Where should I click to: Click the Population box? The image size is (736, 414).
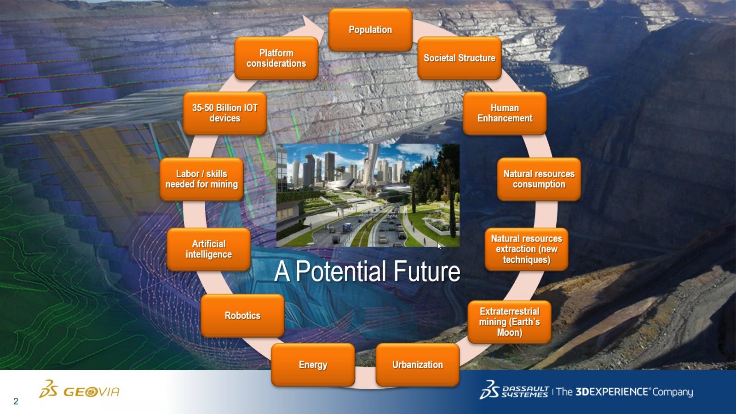click(x=370, y=29)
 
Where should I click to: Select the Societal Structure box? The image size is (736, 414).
click(x=460, y=58)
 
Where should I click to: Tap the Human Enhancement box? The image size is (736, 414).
click(x=505, y=113)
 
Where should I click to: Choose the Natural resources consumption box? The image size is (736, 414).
click(x=539, y=179)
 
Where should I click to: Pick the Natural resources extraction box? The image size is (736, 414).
click(x=526, y=249)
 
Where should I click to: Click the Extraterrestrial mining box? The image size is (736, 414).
click(x=509, y=322)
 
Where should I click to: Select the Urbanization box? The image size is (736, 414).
click(x=417, y=365)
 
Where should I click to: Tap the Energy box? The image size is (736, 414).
click(x=313, y=365)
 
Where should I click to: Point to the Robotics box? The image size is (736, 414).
click(x=242, y=316)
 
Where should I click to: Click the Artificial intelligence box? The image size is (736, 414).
click(x=209, y=249)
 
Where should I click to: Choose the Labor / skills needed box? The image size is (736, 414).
click(x=201, y=179)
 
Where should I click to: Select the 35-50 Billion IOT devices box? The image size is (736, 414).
click(x=225, y=113)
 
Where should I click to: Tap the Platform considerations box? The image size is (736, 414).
click(x=276, y=58)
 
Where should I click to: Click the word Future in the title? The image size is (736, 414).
click(x=427, y=271)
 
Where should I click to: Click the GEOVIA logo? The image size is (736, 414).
click(x=79, y=389)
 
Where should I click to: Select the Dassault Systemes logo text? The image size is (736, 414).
click(x=525, y=391)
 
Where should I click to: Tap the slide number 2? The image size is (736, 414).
click(x=16, y=401)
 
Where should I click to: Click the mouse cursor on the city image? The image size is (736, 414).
click(x=439, y=246)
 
